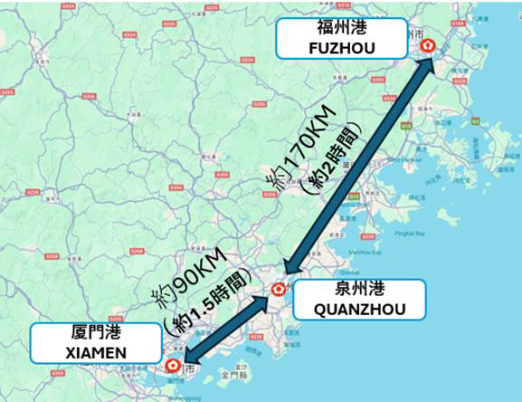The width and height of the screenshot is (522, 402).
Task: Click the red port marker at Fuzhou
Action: (x=429, y=47)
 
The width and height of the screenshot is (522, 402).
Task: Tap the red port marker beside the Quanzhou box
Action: (x=279, y=291)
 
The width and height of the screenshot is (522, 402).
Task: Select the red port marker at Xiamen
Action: (x=173, y=365)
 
